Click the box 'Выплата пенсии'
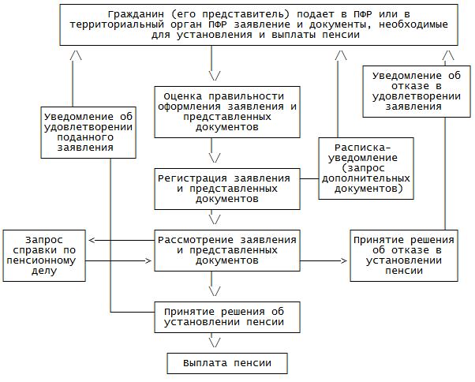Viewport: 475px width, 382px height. [x=226, y=363]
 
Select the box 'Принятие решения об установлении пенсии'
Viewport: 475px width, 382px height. [x=226, y=316]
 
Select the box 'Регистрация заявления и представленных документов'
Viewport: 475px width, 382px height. [x=226, y=189]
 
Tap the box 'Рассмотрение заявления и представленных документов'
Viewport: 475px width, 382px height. [x=226, y=249]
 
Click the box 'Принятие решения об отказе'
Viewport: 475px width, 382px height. [x=404, y=256]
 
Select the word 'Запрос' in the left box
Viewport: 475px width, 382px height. [x=44, y=240]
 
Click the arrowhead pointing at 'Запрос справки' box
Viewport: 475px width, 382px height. [x=92, y=240]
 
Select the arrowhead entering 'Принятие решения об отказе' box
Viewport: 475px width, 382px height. [x=344, y=260]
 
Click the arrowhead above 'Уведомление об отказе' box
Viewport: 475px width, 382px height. [x=447, y=57]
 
